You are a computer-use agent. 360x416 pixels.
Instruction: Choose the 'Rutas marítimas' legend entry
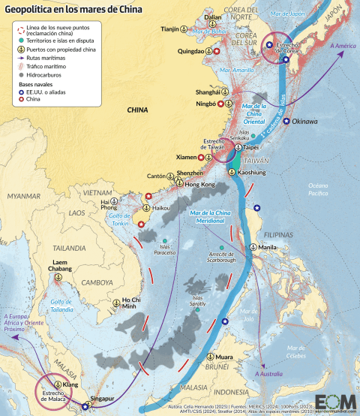pos(46,58)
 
